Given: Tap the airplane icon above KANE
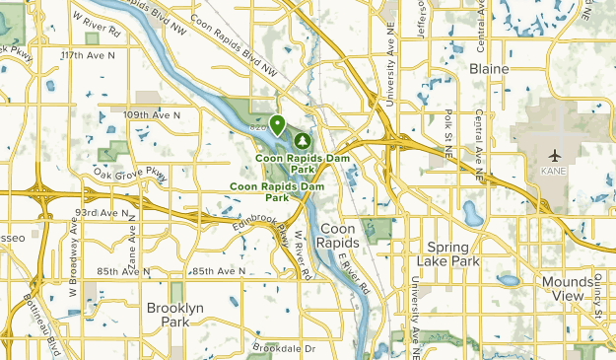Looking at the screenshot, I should pyautogui.click(x=556, y=155).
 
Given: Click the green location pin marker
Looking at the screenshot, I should pyautogui.click(x=279, y=125).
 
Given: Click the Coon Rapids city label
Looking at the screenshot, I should pyautogui.click(x=341, y=236).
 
